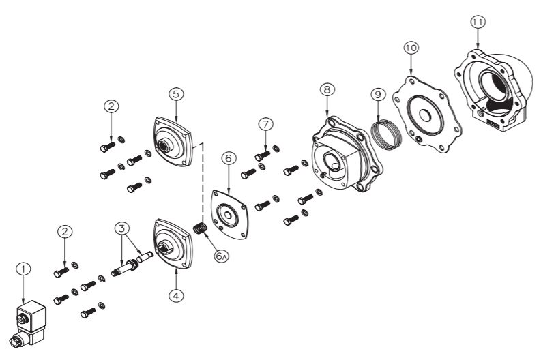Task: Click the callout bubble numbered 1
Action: (23, 269)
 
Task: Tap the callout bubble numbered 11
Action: (478, 22)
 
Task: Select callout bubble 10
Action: (411, 48)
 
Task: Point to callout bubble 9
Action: (378, 95)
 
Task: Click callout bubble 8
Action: (327, 89)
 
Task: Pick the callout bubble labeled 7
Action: (265, 125)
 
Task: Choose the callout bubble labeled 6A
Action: (221, 256)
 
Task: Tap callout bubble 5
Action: (176, 94)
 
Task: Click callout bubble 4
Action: (176, 295)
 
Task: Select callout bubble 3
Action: (121, 228)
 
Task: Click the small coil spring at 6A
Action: (200, 228)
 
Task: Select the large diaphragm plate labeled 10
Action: (427, 115)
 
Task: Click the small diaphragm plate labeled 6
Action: (229, 215)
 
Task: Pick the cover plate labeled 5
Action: (173, 142)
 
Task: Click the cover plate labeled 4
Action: (173, 244)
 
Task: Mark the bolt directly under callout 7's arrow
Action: (262, 156)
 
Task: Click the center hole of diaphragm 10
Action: (425, 116)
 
